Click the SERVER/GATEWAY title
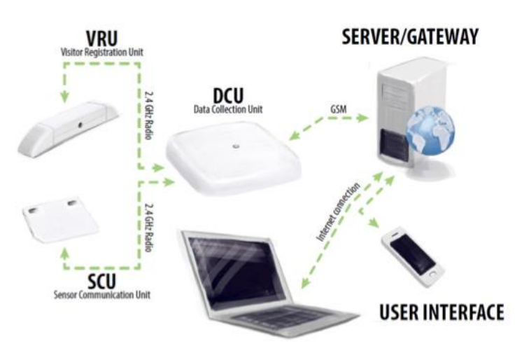point(410,36)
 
